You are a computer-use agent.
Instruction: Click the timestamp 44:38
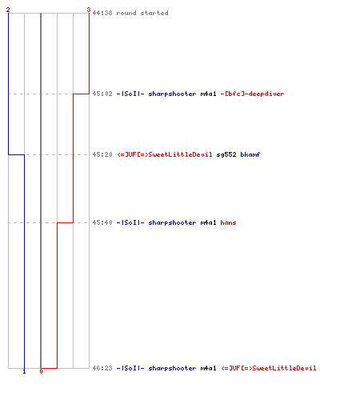click(x=102, y=13)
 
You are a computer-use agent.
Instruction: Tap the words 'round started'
click(x=142, y=13)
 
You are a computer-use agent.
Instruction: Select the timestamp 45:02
click(x=102, y=94)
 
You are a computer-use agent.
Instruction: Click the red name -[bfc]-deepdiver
click(x=252, y=94)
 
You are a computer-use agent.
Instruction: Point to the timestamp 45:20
click(x=102, y=154)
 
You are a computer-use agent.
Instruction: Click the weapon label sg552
click(x=226, y=154)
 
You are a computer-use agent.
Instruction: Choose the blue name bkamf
click(x=250, y=154)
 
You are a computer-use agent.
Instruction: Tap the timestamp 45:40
click(x=102, y=222)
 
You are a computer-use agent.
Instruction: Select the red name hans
click(x=228, y=222)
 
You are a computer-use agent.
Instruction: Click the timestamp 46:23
click(x=102, y=368)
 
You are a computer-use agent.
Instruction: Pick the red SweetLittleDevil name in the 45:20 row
click(x=165, y=154)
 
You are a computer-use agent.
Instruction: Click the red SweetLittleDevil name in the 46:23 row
click(x=269, y=368)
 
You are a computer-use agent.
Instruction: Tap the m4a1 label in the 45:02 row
click(x=208, y=94)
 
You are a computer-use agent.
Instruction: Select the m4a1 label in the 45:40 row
click(x=208, y=222)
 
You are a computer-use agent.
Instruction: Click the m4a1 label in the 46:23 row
click(x=208, y=368)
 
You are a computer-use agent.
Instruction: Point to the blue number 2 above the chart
click(x=8, y=10)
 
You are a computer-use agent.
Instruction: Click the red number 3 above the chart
click(x=89, y=10)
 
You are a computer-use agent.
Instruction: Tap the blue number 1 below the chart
click(x=24, y=371)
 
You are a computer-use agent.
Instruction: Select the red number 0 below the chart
click(x=41, y=371)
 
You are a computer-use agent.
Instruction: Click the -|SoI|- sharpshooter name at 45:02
click(x=156, y=94)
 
